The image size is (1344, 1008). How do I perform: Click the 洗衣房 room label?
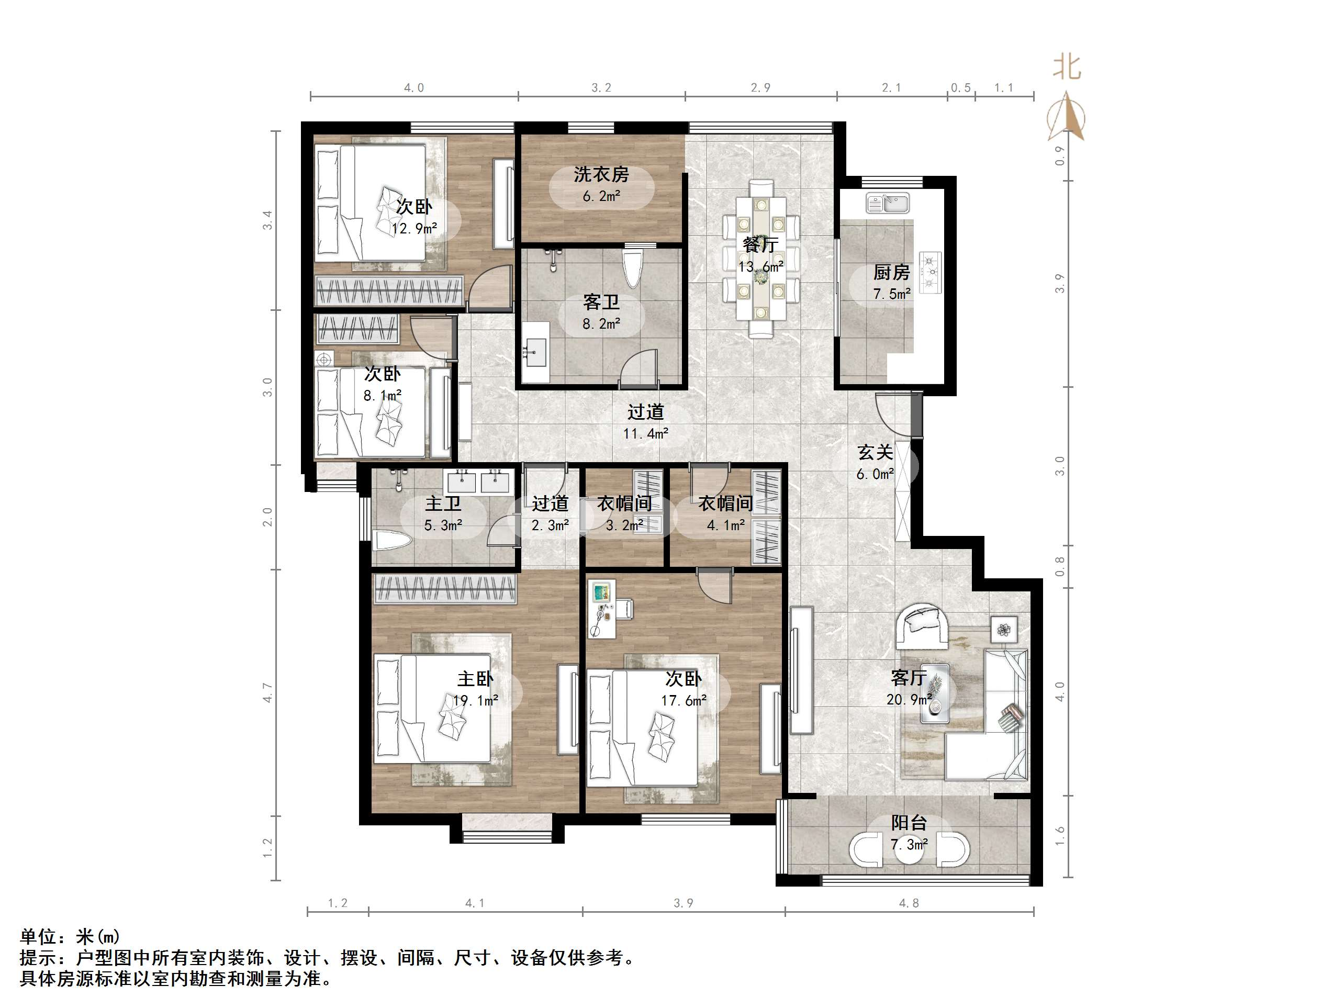(601, 174)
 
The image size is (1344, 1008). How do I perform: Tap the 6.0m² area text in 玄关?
(875, 474)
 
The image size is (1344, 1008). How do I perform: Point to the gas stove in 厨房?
(929, 273)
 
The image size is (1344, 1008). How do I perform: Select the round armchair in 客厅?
(922, 626)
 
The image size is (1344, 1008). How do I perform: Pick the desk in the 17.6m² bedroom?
(601, 609)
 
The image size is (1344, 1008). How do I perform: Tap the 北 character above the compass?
(1067, 67)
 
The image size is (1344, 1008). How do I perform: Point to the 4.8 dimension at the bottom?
(909, 903)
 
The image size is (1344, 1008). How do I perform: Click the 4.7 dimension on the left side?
(267, 692)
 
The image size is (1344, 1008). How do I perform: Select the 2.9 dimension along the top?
(760, 88)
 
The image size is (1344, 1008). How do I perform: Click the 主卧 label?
(475, 679)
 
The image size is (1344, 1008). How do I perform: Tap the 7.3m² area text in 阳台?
(909, 845)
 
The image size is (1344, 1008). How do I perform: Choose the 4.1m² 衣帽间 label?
(725, 503)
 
